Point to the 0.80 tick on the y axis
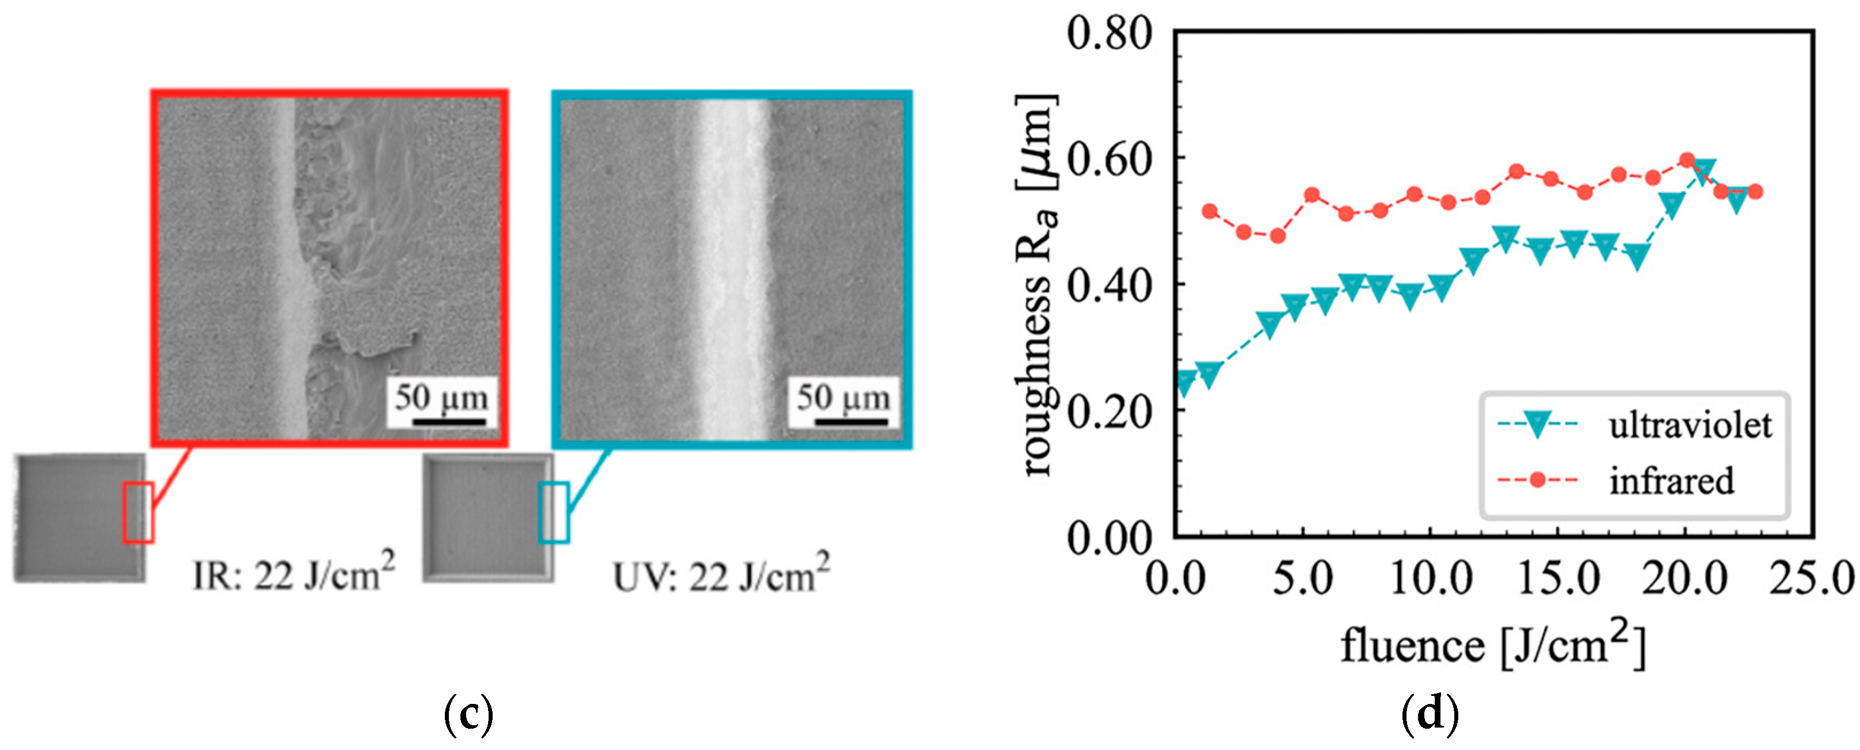[x=1109, y=32]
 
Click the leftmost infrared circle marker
[x=1210, y=211]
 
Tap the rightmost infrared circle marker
[x=1755, y=191]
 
